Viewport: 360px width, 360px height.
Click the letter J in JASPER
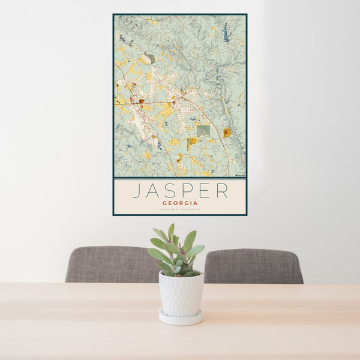click(136, 190)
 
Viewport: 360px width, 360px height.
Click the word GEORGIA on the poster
click(179, 203)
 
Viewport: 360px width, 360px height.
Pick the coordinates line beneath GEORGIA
click(179, 209)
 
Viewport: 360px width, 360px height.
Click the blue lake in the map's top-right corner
click(226, 33)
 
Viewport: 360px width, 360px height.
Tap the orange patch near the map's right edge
click(227, 133)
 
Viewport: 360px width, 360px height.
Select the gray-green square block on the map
click(203, 130)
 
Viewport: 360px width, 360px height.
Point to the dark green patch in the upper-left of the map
click(149, 58)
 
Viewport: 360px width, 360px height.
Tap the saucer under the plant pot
click(181, 318)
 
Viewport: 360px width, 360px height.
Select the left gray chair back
click(111, 265)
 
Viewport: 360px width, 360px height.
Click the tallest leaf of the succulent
click(171, 231)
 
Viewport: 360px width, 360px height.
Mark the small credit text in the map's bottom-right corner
click(240, 175)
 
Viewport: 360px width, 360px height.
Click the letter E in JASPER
click(205, 190)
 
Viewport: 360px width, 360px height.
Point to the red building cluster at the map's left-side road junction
click(141, 102)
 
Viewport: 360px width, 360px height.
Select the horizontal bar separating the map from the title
click(179, 178)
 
